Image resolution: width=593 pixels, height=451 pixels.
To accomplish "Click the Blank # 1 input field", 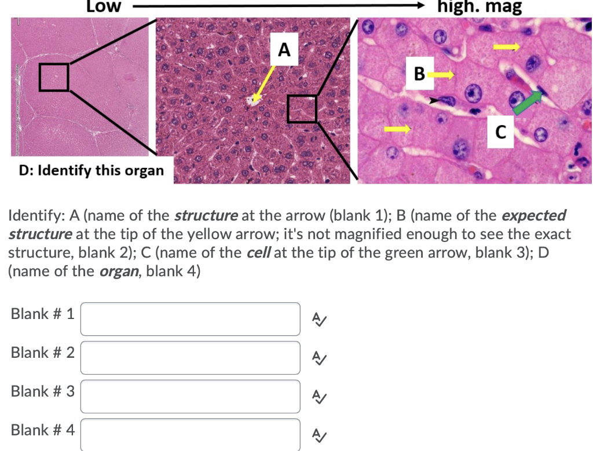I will pyautogui.click(x=190, y=319).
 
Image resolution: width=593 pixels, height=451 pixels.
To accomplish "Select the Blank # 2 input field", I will pyautogui.click(x=190, y=357).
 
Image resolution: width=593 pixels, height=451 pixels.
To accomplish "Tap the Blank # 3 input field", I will pyautogui.click(x=190, y=396).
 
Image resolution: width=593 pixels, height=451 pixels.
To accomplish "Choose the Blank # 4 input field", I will pyautogui.click(x=190, y=434).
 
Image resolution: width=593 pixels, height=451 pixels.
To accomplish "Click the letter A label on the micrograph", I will pyautogui.click(x=284, y=50).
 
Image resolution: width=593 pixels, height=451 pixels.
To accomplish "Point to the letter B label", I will pyautogui.click(x=420, y=74).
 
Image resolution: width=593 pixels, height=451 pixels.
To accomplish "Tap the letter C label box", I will pyautogui.click(x=501, y=133).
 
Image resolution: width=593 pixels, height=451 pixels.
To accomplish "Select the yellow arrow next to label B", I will pyautogui.click(x=444, y=74).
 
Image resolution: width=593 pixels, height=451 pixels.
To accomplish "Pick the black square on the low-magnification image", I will pyautogui.click(x=54, y=77).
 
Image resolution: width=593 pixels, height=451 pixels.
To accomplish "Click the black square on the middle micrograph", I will pyautogui.click(x=302, y=108).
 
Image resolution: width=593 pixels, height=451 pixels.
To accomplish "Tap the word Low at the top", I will pyautogui.click(x=104, y=7).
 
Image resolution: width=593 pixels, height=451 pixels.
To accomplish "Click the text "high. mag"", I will pyautogui.click(x=480, y=7).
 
